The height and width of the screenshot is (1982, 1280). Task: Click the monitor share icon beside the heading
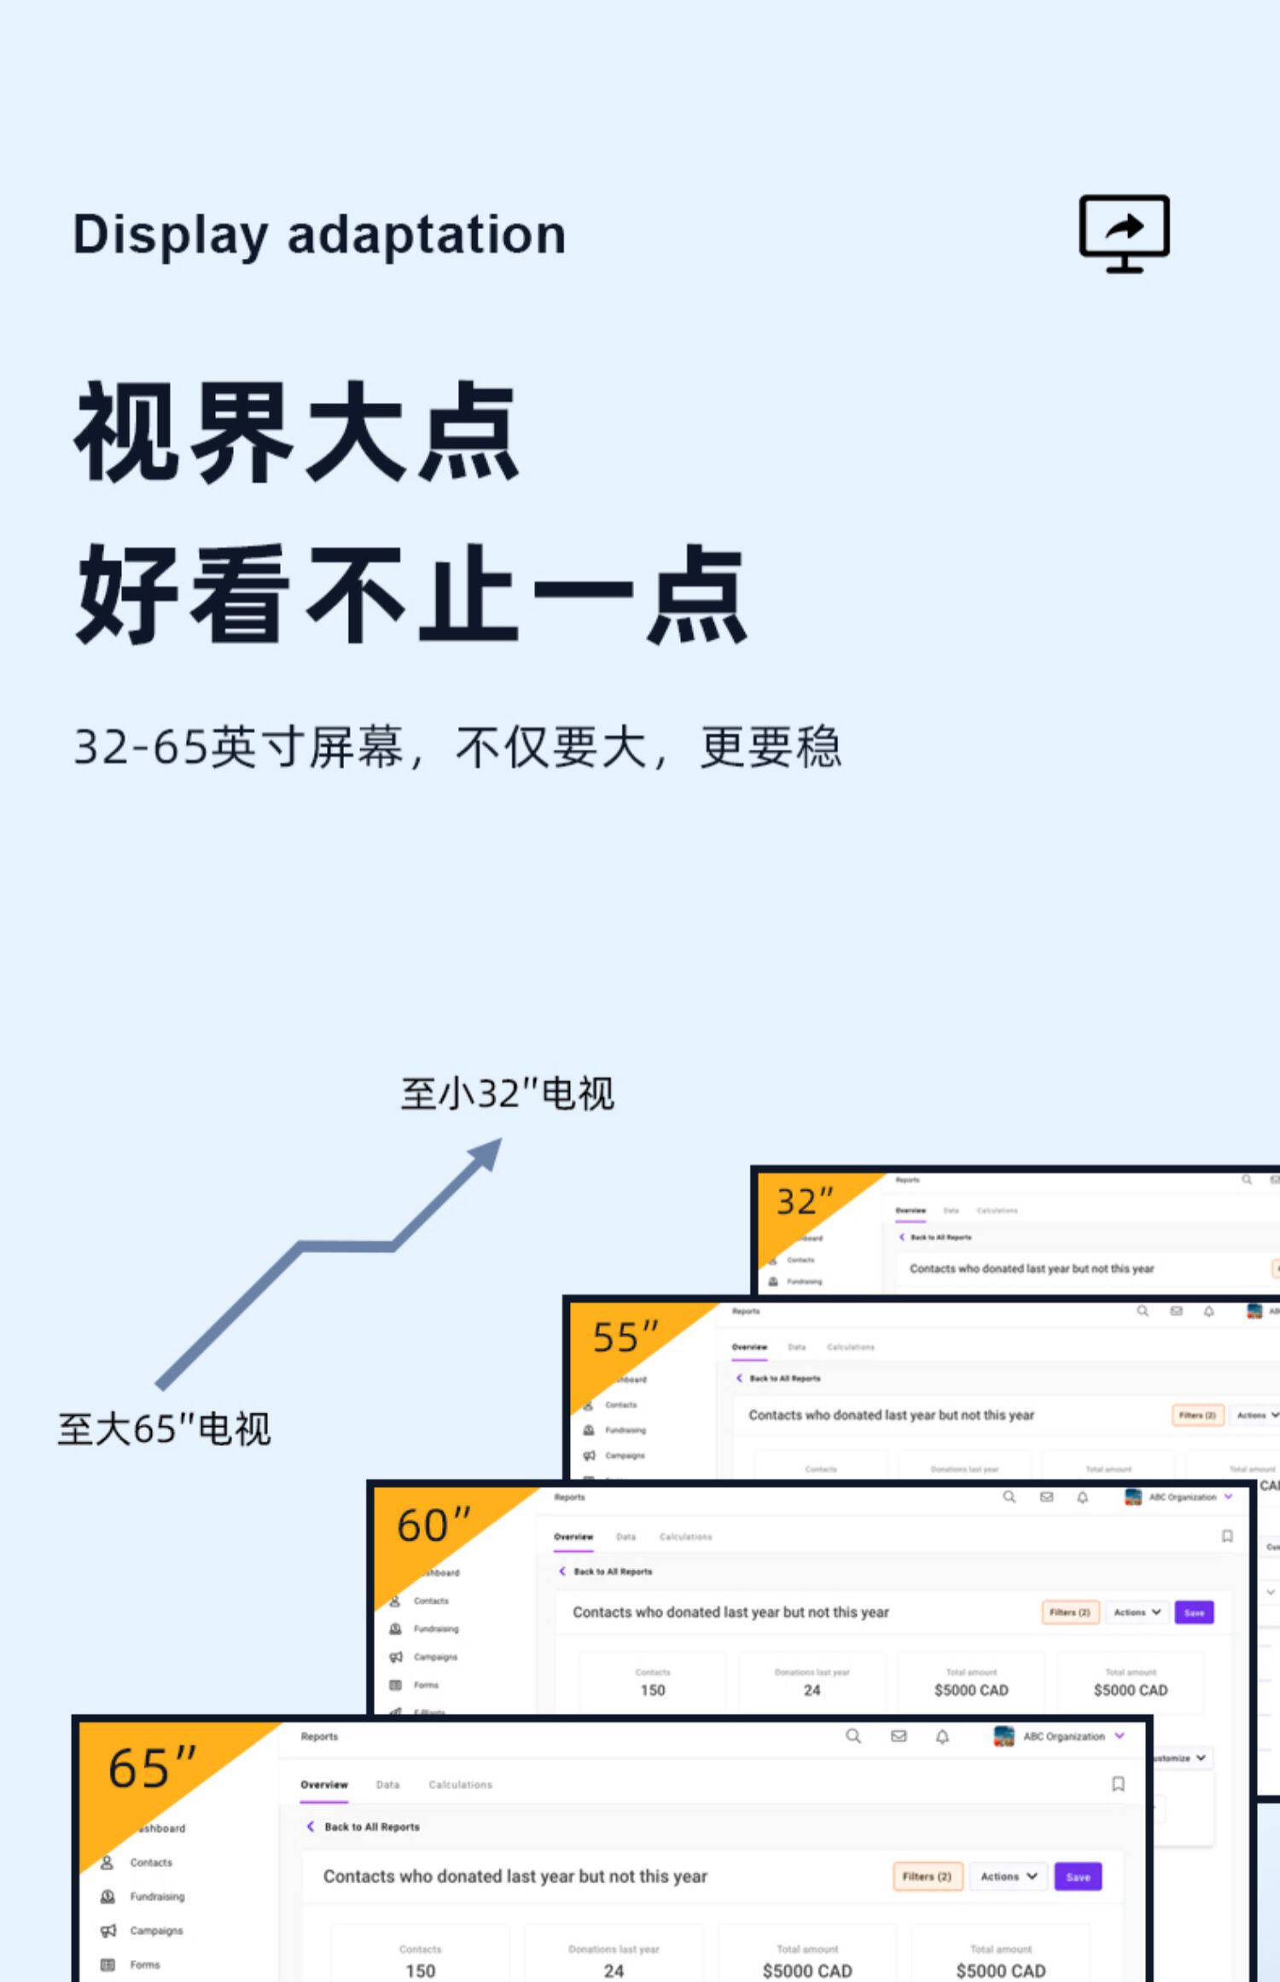point(1124,233)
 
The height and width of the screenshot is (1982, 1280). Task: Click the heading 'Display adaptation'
point(319,235)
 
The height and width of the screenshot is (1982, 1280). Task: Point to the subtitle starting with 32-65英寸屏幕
point(457,748)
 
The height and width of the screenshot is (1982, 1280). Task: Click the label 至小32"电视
point(507,1093)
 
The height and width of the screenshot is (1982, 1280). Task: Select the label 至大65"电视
point(164,1429)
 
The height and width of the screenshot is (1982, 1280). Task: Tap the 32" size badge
point(803,1201)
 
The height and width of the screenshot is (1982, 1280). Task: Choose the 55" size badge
point(625,1337)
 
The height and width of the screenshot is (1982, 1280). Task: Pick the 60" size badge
point(433,1525)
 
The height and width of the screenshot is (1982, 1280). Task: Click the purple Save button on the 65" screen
point(1078,1877)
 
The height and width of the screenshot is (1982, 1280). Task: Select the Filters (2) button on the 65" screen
point(927,1877)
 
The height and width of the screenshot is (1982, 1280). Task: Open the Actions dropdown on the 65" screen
point(1008,1877)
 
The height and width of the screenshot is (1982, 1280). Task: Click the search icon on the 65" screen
point(852,1736)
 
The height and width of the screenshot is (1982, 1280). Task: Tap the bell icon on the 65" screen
point(942,1736)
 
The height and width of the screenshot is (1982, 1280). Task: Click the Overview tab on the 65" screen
point(324,1785)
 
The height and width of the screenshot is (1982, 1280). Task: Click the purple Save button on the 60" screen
point(1194,1612)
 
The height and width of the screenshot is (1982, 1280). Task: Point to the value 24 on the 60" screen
point(812,1690)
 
